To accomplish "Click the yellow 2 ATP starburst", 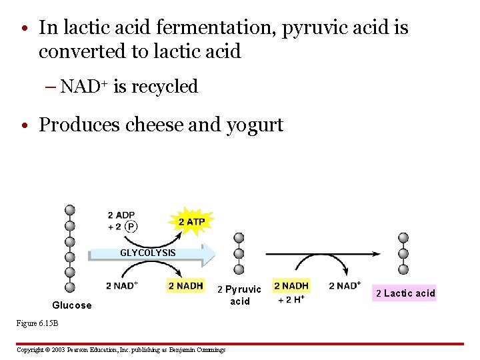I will tap(191, 221).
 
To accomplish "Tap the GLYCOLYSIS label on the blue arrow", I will tap(148, 253).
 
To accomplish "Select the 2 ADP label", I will tap(121, 215).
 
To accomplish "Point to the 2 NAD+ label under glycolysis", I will tap(121, 286).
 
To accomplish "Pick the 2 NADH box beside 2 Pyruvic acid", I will tap(185, 286).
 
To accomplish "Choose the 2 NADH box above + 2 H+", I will tap(291, 286).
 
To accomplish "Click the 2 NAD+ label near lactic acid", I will tap(345, 286).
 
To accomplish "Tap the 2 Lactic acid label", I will tap(405, 293).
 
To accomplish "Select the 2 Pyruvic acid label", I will tap(240, 295).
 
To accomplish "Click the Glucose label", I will tap(72, 305).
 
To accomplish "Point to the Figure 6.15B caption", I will tap(38, 323).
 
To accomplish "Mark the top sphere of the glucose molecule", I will tap(69, 210).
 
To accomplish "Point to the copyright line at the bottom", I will tap(121, 349).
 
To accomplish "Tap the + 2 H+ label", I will tap(291, 299).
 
